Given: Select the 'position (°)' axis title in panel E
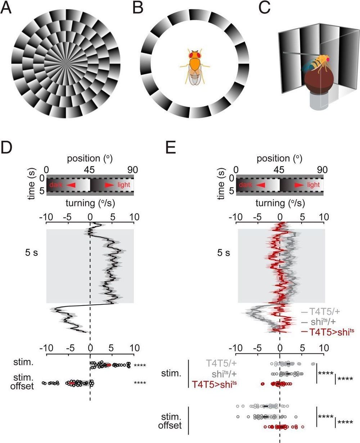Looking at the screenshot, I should point(279,158).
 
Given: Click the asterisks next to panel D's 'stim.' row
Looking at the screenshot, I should point(140,365).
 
